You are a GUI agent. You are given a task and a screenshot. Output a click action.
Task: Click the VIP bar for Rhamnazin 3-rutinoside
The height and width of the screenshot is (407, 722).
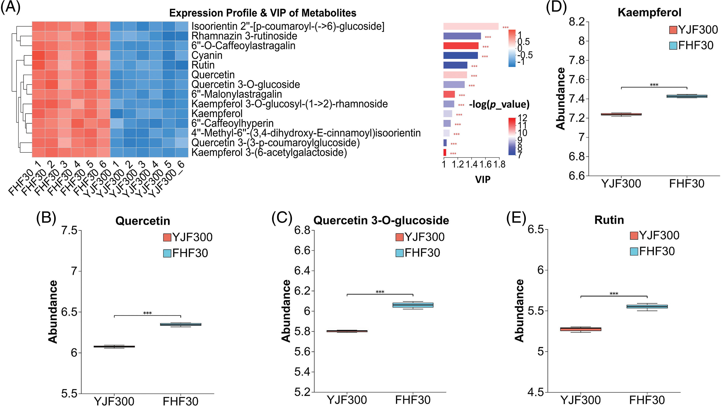(x=462, y=36)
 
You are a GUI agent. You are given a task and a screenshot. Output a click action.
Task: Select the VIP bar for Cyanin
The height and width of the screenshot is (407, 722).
(x=460, y=55)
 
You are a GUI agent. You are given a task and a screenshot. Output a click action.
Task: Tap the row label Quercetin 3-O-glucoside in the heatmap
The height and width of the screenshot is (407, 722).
(x=246, y=85)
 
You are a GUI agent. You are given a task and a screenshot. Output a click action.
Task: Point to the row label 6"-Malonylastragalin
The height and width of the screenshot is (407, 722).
(x=237, y=94)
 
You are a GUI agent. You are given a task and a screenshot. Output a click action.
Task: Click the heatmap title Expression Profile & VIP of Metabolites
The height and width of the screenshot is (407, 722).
(x=263, y=13)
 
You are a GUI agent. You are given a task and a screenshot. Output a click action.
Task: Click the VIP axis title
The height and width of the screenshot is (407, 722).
(x=483, y=179)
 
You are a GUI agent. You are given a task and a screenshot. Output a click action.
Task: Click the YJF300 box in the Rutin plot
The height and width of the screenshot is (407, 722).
(x=580, y=329)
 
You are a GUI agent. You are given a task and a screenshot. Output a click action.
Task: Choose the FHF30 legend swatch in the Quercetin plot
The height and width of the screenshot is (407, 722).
(x=167, y=253)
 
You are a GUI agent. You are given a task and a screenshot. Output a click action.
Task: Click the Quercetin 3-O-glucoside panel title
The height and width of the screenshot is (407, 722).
(x=381, y=221)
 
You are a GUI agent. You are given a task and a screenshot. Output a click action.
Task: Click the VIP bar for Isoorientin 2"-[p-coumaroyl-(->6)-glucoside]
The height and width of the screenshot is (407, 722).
(x=471, y=26)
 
